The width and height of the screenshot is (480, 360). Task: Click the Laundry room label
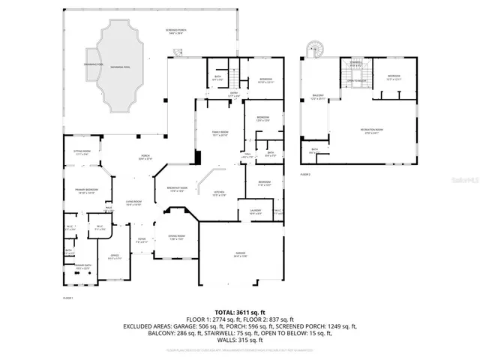pos(255,211)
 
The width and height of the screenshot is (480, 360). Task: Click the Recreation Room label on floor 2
pos(367,131)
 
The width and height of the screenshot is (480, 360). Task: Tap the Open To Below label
pos(355,80)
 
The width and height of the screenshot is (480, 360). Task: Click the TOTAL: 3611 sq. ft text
pos(239,310)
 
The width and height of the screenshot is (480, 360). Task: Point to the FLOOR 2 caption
pos(305,174)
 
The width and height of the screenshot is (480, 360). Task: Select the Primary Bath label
pos(82,266)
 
